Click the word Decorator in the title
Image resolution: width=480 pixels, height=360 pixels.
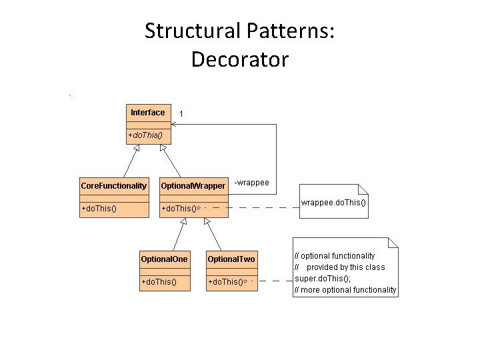click(239, 59)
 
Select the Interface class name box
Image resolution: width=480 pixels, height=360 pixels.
click(147, 113)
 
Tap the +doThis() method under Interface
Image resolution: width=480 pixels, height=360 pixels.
click(145, 136)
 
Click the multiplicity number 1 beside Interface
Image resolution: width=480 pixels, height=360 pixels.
click(181, 115)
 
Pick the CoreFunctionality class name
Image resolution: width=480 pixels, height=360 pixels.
click(113, 185)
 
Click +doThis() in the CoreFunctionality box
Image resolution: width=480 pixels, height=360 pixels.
click(99, 209)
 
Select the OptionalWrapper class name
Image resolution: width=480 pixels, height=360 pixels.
click(193, 185)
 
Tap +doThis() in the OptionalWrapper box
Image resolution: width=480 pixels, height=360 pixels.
click(180, 209)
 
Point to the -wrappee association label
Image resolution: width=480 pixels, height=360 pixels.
click(251, 182)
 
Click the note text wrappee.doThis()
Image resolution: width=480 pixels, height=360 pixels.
click(333, 203)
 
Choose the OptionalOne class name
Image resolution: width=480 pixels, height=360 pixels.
click(164, 258)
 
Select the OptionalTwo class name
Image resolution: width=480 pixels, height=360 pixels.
click(231, 259)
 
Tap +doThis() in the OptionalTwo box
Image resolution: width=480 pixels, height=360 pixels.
click(226, 282)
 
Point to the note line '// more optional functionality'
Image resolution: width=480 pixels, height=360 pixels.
click(345, 289)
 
